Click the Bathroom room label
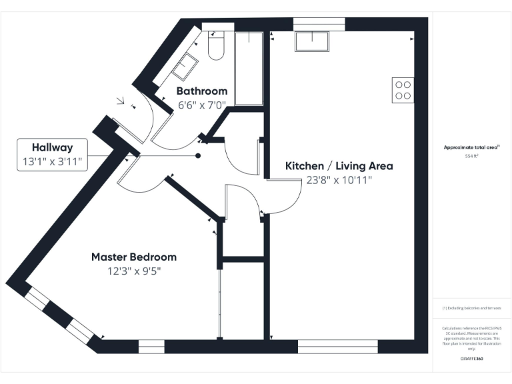coord(201,91)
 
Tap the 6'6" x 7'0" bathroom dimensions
coord(202,105)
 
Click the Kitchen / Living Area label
coord(339,166)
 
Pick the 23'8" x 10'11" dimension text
coord(339,180)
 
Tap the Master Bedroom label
coord(133,257)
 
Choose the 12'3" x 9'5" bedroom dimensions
coord(133,271)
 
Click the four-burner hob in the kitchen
coord(403,90)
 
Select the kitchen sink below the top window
coord(311,41)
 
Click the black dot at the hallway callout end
coord(198,156)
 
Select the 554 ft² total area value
coord(472,156)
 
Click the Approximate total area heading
coord(472,147)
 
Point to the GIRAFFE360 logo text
coord(472,359)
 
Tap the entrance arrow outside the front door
coord(121,102)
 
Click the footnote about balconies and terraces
coord(472,308)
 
